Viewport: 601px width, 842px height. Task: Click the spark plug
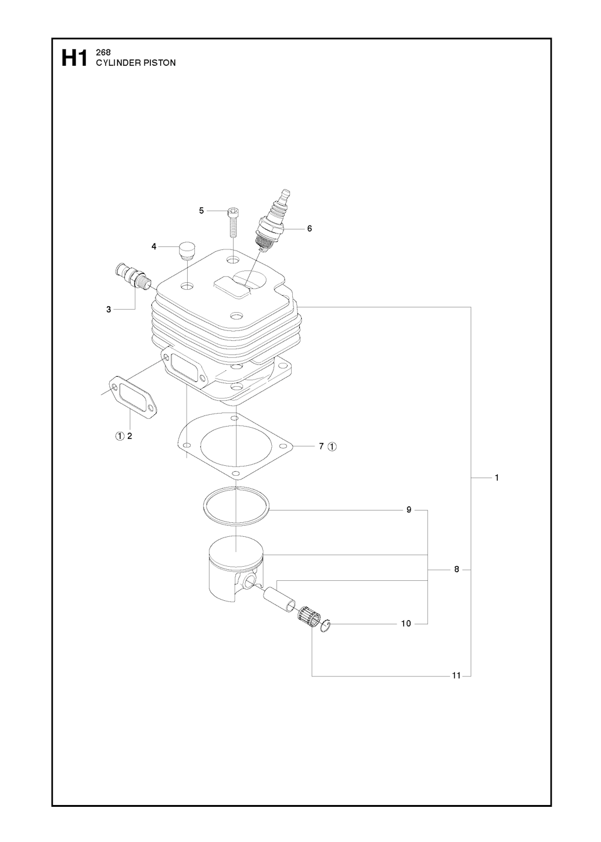[272, 222]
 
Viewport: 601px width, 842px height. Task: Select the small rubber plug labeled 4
[185, 250]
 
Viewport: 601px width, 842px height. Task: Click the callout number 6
[309, 229]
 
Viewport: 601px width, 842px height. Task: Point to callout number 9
[409, 510]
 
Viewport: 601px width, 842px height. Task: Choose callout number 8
[457, 580]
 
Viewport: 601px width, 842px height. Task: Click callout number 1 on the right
[497, 478]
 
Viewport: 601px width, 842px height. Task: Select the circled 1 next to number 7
[332, 447]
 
